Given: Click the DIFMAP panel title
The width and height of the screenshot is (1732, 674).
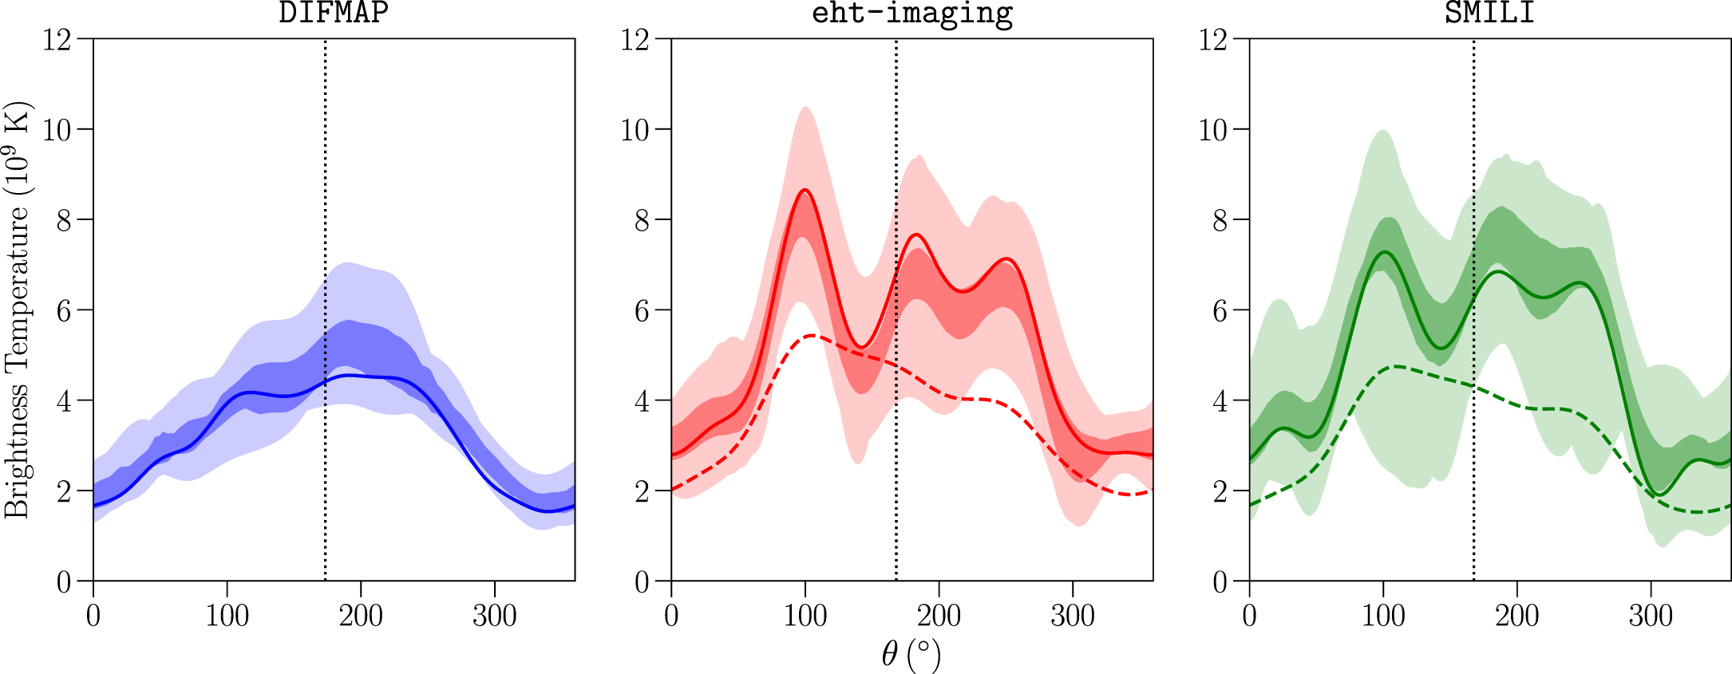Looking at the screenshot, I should pos(334,14).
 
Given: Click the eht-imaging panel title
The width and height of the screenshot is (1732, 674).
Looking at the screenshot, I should pos(911,14).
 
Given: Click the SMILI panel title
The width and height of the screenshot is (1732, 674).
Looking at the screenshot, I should pos(1489,14).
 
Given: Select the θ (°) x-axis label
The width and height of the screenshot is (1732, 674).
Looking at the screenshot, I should pos(911,654).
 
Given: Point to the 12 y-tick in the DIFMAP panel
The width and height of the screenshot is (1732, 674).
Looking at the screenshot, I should pos(57,39).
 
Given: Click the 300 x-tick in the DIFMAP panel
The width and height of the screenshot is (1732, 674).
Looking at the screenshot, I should pos(495,616).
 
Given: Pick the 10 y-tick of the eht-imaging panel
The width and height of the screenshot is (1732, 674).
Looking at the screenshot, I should pos(635,129).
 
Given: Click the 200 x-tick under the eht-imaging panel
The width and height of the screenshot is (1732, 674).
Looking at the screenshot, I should pos(939,616).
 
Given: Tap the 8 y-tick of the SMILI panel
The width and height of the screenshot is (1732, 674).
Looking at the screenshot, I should pos(1220,220).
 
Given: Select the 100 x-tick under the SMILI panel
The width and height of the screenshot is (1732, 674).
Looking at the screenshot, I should pos(1383,616).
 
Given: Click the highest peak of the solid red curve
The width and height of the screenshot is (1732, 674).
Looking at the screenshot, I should pos(805,190).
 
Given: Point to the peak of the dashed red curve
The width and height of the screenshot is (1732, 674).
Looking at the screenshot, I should pos(812,336).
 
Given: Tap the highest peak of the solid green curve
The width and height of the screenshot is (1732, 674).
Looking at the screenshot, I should pos(1384,252).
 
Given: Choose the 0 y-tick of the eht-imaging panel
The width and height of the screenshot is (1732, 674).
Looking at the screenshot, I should pos(642,581).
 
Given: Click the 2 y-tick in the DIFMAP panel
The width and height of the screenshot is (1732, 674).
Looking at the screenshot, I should pos(64,491).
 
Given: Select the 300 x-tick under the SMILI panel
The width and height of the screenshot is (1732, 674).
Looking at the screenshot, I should pos(1651,616).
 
